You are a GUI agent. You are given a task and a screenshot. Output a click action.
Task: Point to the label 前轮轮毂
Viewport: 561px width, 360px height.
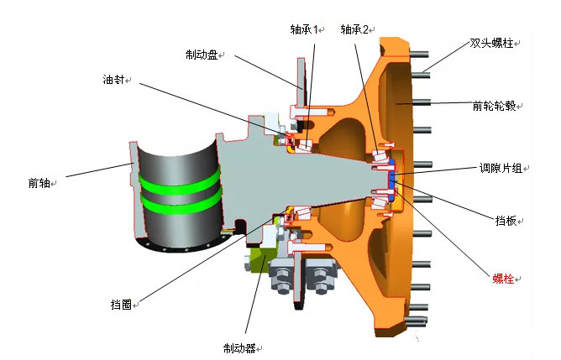(x=495, y=107)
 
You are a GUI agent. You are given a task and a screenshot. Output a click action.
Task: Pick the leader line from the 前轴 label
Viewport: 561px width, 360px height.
(x=92, y=170)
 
